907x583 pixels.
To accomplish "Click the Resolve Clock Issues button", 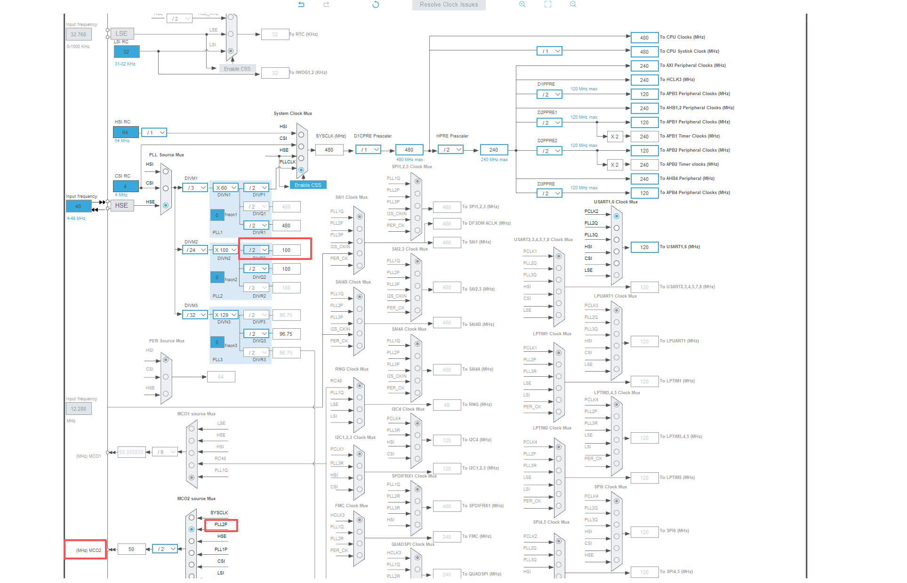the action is pos(449,5).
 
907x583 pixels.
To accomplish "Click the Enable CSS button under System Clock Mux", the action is pos(308,185).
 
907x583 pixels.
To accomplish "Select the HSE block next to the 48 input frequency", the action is pos(121,205).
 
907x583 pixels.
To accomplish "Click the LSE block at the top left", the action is pos(121,33).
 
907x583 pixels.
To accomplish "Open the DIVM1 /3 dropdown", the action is pos(195,187).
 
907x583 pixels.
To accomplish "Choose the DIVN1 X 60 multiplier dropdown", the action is pos(226,187).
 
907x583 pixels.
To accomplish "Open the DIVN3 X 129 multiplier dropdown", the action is pos(226,315).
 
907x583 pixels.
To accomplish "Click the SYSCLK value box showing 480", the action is pos(329,150).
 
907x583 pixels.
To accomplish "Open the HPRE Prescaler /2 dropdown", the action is pos(451,150).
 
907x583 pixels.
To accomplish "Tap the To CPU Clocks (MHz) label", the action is pos(682,37).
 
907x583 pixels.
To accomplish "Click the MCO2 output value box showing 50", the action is pos(131,549).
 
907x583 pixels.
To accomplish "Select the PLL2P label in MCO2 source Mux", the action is pos(221,525).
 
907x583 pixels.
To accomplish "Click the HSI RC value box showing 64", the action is pos(126,132).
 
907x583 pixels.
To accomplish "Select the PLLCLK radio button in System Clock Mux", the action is pos(301,170).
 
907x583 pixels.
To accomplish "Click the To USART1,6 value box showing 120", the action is pos(644,247).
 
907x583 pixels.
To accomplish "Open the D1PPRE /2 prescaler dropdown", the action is pos(550,94).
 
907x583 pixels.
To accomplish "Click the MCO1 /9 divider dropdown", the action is pos(165,452).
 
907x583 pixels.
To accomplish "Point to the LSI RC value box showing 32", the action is pos(126,51).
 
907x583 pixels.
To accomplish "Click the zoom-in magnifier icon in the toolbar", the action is pos(522,4).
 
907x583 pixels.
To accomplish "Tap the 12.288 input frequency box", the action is pos(79,409).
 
